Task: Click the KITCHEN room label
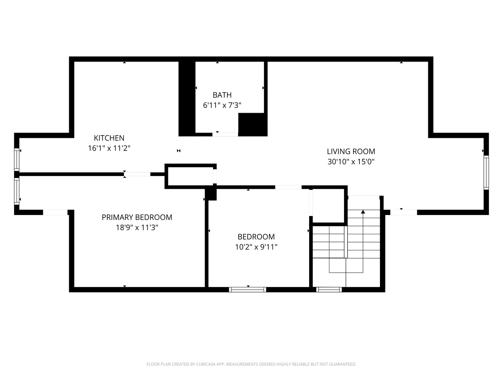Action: click(x=109, y=138)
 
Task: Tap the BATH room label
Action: click(x=222, y=95)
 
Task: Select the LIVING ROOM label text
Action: click(x=351, y=151)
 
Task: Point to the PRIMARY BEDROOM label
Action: click(x=137, y=217)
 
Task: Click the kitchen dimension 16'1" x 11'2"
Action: click(x=109, y=148)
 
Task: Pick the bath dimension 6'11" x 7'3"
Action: click(x=222, y=105)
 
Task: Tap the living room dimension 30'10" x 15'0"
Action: click(x=351, y=162)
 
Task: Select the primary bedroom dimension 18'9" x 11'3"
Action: click(x=137, y=228)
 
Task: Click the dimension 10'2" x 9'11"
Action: click(x=256, y=247)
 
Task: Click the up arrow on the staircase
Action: click(x=363, y=212)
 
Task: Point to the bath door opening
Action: click(x=225, y=134)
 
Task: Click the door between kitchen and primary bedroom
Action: click(x=137, y=174)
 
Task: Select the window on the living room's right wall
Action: click(x=486, y=173)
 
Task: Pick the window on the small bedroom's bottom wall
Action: click(x=248, y=289)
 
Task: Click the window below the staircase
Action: click(x=329, y=289)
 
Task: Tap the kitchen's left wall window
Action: click(x=16, y=160)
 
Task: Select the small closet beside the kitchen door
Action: click(x=190, y=176)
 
